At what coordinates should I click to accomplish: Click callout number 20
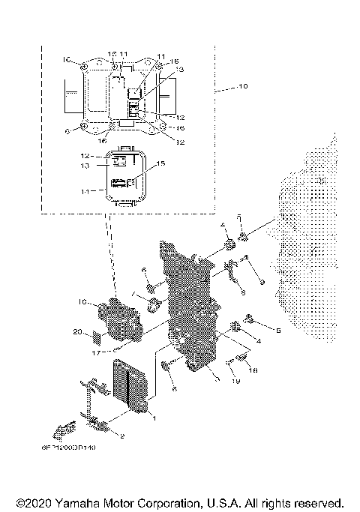pyautogui.click(x=79, y=331)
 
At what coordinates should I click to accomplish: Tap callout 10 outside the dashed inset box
pyautogui.click(x=241, y=88)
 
